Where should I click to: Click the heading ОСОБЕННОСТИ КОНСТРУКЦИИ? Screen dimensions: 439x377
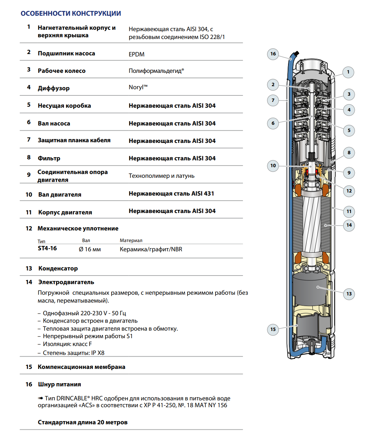[71, 14]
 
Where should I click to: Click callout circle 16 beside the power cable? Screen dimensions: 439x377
[273, 54]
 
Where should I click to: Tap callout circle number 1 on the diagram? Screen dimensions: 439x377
[348, 72]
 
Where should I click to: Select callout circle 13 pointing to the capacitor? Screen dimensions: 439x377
[349, 294]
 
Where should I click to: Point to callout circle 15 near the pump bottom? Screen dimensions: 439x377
[273, 329]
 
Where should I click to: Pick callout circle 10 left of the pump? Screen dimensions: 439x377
[273, 165]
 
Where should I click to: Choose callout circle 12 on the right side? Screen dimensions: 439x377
[349, 191]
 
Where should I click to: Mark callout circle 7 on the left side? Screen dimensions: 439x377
[273, 100]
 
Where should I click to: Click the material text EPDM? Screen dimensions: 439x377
[136, 54]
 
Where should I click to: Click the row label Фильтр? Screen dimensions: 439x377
[49, 158]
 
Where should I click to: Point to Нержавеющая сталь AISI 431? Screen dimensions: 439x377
[171, 194]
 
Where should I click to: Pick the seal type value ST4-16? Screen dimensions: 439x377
[47, 249]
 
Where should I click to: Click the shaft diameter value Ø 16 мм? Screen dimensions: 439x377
[90, 249]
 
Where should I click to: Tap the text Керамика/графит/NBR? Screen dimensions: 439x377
[151, 249]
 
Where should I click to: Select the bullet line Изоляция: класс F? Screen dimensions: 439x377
[67, 344]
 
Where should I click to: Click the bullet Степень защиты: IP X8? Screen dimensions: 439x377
[73, 353]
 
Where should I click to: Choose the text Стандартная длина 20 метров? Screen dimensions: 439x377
[82, 422]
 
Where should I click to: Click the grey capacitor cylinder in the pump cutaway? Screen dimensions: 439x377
[310, 289]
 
